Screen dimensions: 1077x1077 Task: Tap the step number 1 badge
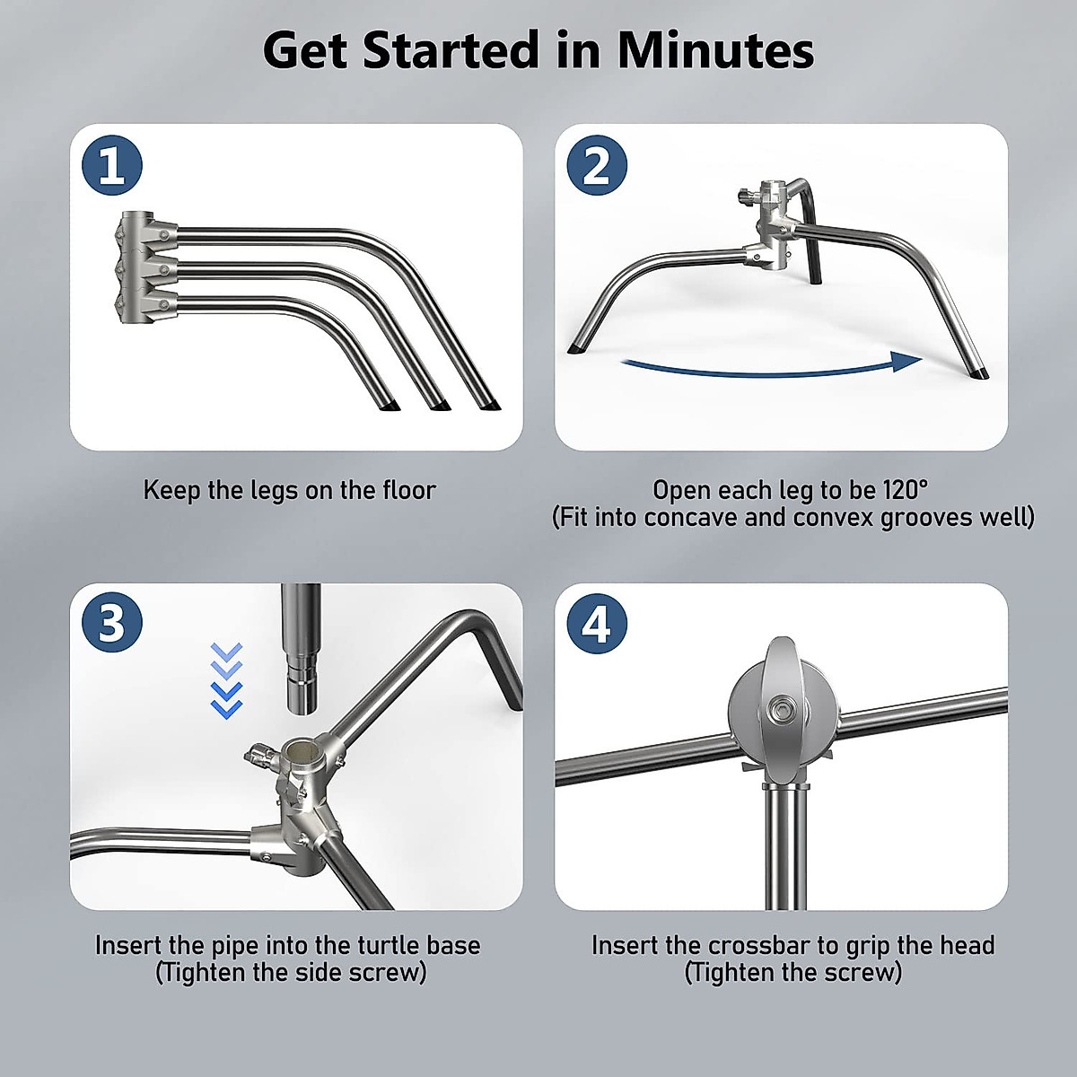click(111, 165)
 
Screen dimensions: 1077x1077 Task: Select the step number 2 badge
click(597, 165)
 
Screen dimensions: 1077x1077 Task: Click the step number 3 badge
click(111, 622)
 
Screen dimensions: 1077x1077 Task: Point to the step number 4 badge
click(597, 622)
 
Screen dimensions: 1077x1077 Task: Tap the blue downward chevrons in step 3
click(226, 680)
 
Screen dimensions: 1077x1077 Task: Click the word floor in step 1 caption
click(409, 490)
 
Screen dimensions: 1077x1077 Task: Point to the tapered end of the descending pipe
click(301, 696)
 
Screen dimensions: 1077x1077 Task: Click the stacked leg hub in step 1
click(145, 267)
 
